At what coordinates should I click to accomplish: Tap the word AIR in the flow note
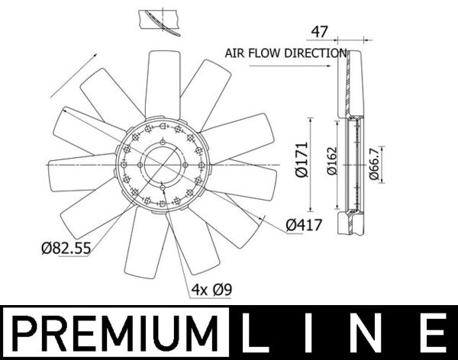tap(235, 53)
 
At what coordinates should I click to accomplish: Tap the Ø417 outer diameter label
tap(304, 225)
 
